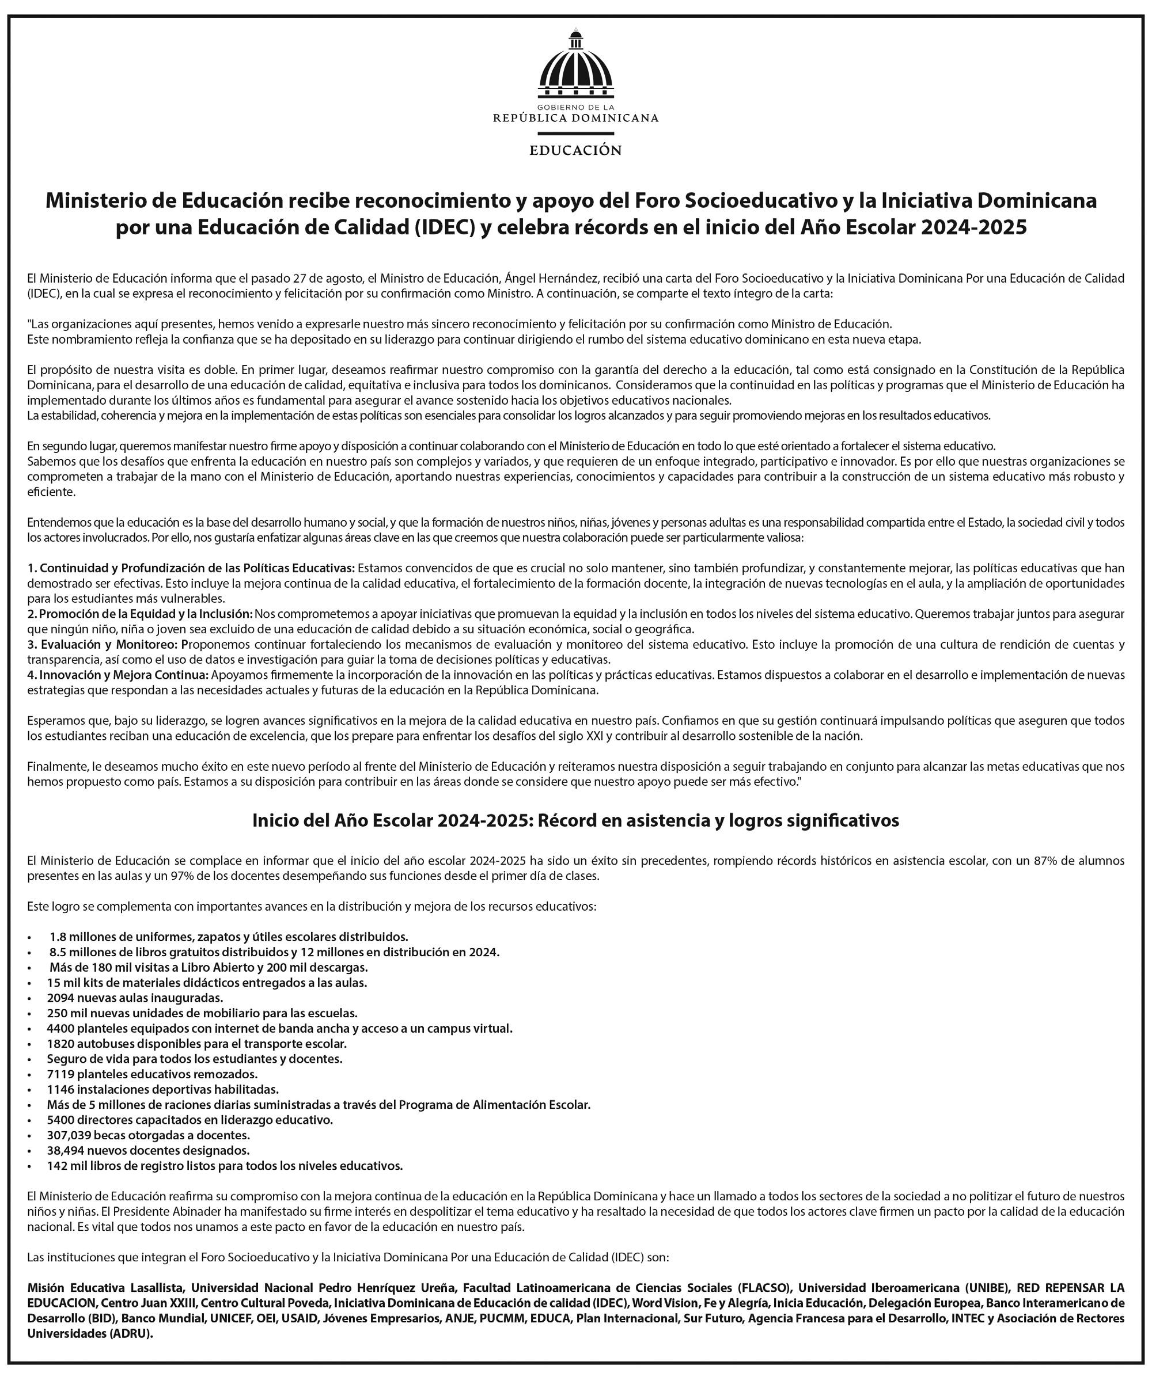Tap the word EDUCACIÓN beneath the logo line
(575, 150)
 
